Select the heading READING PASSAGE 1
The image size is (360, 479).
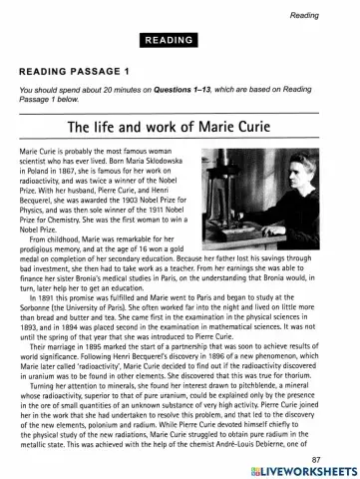click(74, 72)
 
